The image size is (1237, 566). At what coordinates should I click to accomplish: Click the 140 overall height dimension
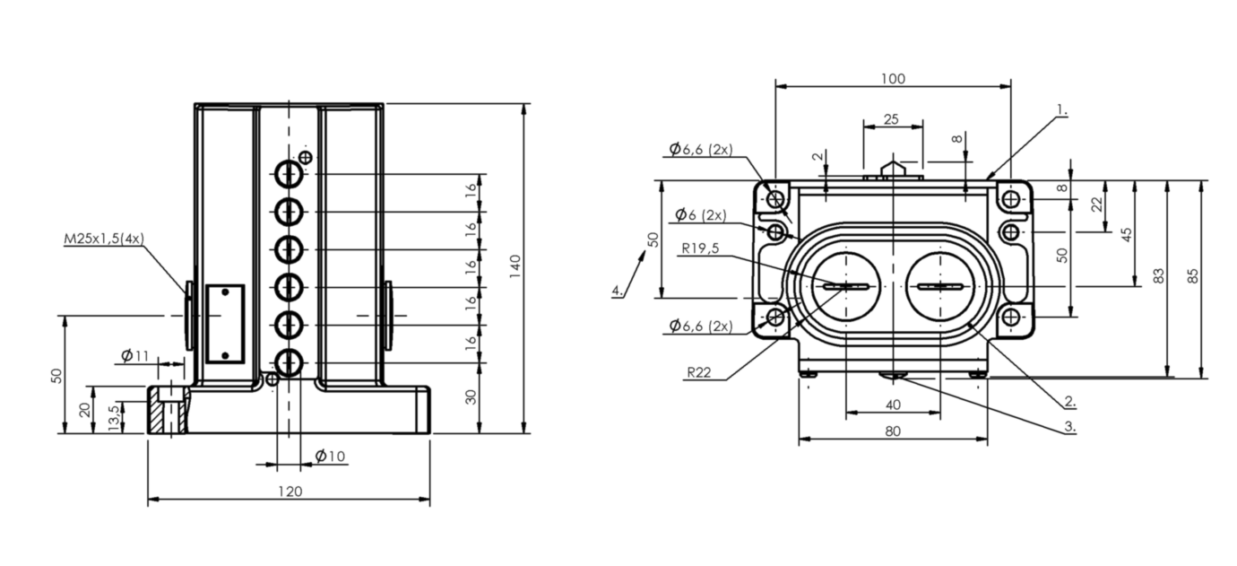pos(515,266)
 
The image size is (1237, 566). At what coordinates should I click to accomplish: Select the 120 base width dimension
pos(290,491)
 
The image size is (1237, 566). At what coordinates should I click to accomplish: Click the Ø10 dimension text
pos(330,457)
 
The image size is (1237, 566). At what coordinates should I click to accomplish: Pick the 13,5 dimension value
pos(112,416)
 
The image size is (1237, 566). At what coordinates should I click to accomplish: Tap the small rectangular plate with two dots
pos(225,324)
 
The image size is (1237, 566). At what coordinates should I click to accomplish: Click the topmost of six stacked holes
pos(289,174)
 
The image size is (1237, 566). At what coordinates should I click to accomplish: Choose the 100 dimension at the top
pos(893,78)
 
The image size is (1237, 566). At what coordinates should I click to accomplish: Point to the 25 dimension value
pos(891,119)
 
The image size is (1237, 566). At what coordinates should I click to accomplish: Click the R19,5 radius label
pos(699,249)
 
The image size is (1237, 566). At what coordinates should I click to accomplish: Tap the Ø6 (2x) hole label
pos(699,215)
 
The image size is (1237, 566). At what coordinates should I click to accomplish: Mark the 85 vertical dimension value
pos(1192,275)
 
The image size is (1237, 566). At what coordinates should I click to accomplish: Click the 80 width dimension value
pos(893,431)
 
